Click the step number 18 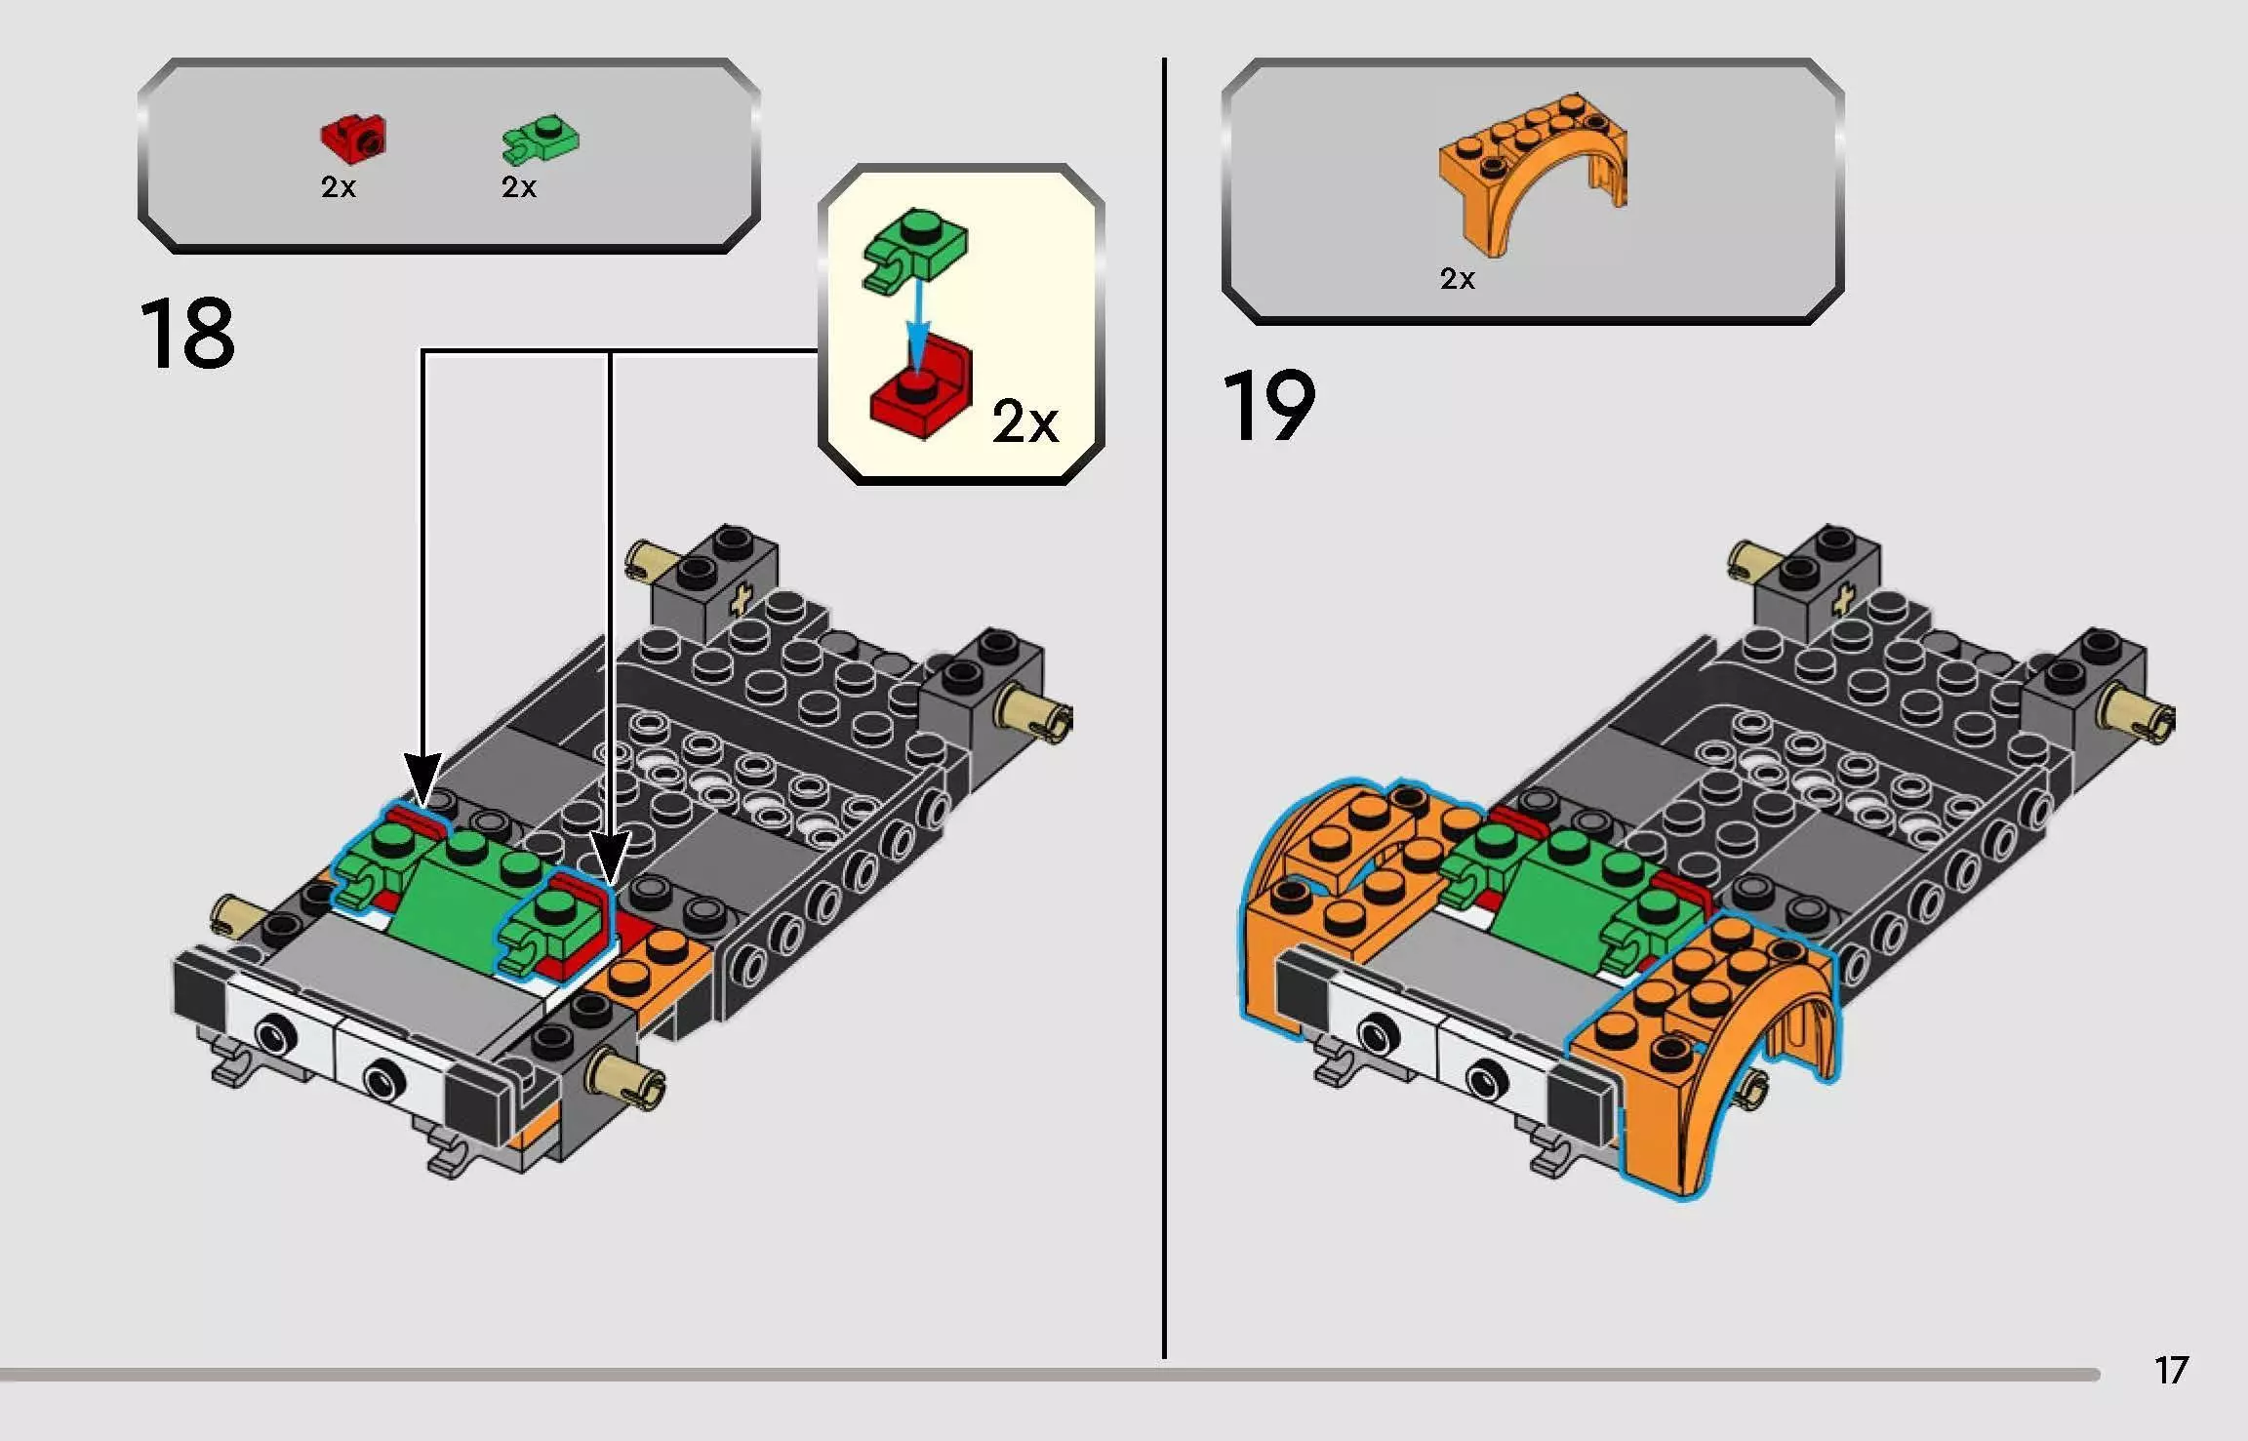187,334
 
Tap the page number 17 2172,1371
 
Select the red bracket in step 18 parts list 353,138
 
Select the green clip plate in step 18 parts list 540,140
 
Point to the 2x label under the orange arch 1457,279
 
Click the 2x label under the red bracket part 338,187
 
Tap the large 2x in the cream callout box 1024,422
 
